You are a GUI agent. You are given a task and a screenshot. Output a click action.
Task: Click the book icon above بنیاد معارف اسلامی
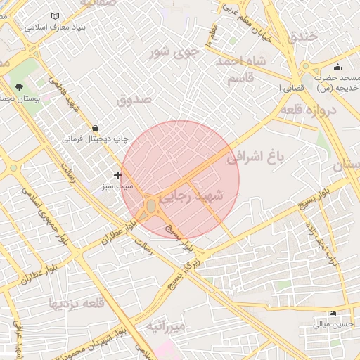[x=56, y=16]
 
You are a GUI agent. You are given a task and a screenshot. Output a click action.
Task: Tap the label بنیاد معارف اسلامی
[x=55, y=28]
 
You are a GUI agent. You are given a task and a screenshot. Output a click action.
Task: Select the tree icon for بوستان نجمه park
[x=19, y=88]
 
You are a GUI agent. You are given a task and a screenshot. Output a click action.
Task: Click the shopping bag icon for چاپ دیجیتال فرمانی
[x=95, y=128]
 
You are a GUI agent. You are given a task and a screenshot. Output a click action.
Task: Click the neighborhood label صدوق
[x=135, y=99]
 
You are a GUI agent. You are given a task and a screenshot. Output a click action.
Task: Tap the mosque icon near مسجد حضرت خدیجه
[x=338, y=67]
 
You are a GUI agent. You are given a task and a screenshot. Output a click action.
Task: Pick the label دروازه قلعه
[x=309, y=110]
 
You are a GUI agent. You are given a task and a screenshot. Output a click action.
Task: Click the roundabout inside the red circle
[x=150, y=206]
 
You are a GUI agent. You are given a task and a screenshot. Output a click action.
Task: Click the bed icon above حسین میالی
[x=333, y=314]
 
